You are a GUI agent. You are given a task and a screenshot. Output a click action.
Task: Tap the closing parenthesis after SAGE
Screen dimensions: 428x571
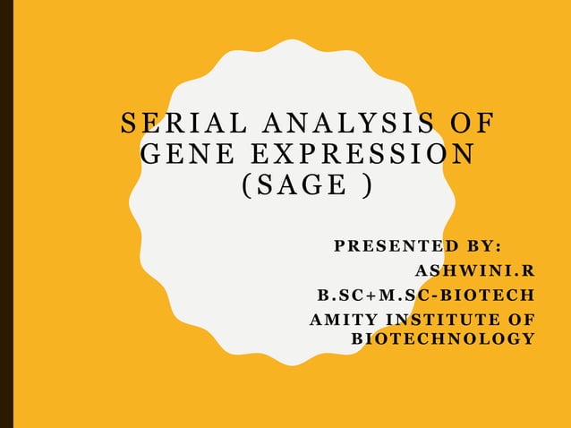pos(364,188)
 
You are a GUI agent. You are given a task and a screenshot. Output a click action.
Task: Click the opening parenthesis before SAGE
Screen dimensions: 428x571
pos(248,188)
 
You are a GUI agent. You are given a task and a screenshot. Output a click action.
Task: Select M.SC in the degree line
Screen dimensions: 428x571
pos(399,295)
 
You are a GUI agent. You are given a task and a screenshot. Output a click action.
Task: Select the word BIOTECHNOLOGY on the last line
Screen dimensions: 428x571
pos(443,338)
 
